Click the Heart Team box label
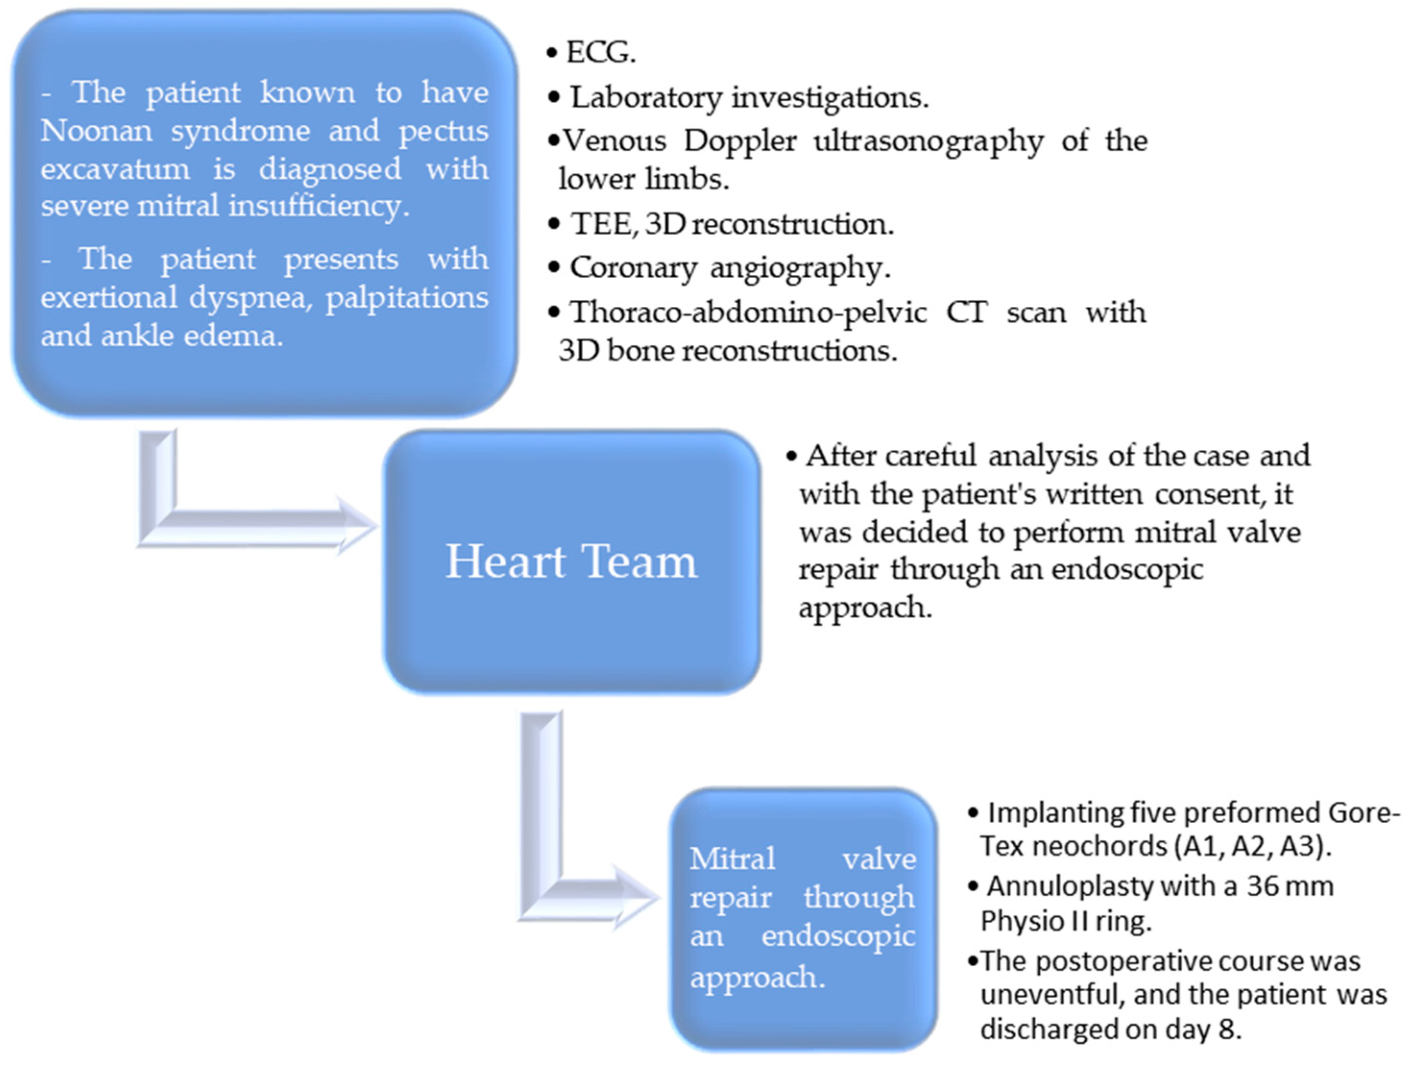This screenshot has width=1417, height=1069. point(571,562)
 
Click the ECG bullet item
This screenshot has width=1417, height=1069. point(600,52)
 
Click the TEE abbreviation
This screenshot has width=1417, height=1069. point(601,224)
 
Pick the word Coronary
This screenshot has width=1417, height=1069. point(633,268)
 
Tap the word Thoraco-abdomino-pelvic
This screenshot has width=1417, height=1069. point(748,312)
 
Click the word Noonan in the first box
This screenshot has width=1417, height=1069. point(96,132)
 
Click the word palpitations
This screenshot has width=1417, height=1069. point(408,298)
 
